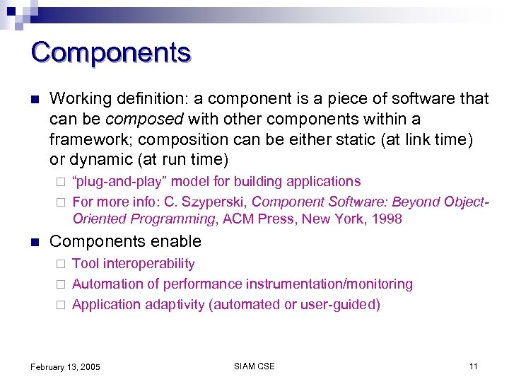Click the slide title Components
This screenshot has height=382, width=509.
[111, 53]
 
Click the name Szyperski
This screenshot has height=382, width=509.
[217, 202]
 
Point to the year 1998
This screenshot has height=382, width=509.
[387, 219]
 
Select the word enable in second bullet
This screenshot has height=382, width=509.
[178, 241]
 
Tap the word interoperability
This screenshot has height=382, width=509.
[149, 264]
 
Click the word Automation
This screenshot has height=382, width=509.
[108, 284]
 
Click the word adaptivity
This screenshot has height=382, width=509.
[173, 305]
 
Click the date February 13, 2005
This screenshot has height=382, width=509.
[65, 367]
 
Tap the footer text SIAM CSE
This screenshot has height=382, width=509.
[254, 366]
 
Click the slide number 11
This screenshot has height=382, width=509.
[473, 366]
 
